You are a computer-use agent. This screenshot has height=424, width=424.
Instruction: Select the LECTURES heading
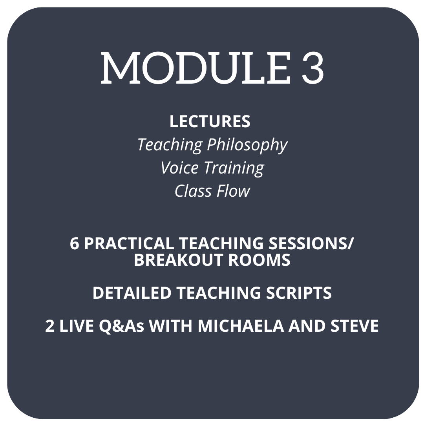(210, 121)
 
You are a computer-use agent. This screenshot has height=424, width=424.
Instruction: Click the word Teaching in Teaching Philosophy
(170, 145)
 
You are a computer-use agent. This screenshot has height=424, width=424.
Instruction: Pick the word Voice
(180, 168)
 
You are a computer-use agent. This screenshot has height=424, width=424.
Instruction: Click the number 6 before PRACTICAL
(74, 243)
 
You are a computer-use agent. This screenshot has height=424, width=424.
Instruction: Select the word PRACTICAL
(129, 243)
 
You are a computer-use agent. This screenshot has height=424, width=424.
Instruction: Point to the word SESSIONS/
(308, 243)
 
